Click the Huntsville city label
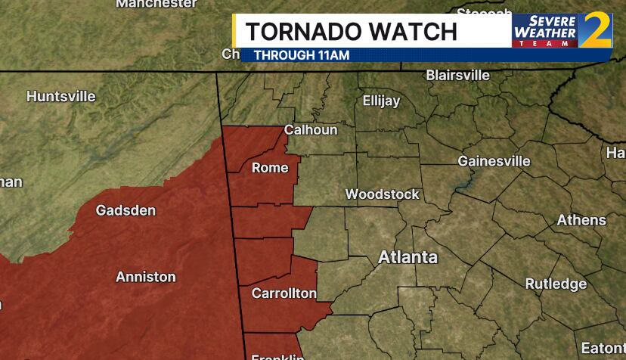point(61,97)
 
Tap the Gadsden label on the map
point(126,210)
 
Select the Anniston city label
point(145,277)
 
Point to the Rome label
point(270,167)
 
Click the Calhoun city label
point(311,130)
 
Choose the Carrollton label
point(284,293)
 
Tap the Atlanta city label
point(408,257)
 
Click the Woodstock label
point(382,194)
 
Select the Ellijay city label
point(381,101)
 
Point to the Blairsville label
point(457,76)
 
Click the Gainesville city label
point(494,161)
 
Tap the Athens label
point(581,220)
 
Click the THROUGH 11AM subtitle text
point(301,54)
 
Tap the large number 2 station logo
point(595,30)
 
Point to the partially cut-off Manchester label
point(156,4)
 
